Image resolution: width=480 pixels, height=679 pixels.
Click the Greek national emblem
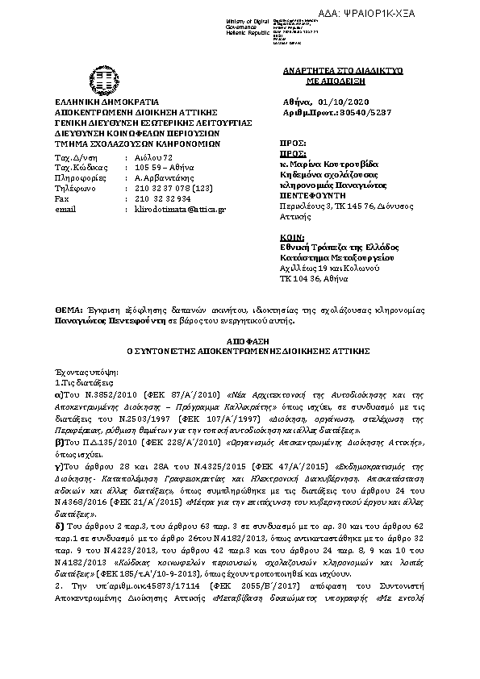tap(105, 81)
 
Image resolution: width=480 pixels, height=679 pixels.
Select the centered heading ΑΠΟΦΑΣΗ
tap(240, 342)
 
